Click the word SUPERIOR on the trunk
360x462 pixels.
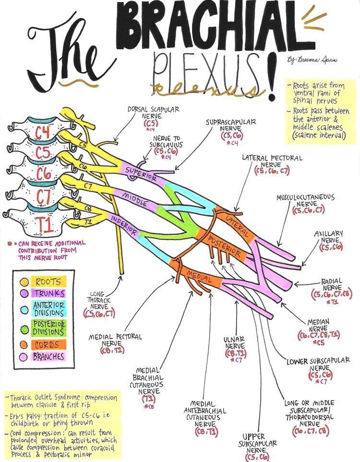click(x=141, y=174)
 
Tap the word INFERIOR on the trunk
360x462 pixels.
click(x=125, y=226)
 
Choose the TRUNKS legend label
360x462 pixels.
click(x=49, y=292)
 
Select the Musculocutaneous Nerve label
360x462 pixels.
click(x=306, y=202)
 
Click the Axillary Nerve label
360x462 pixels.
click(x=329, y=237)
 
